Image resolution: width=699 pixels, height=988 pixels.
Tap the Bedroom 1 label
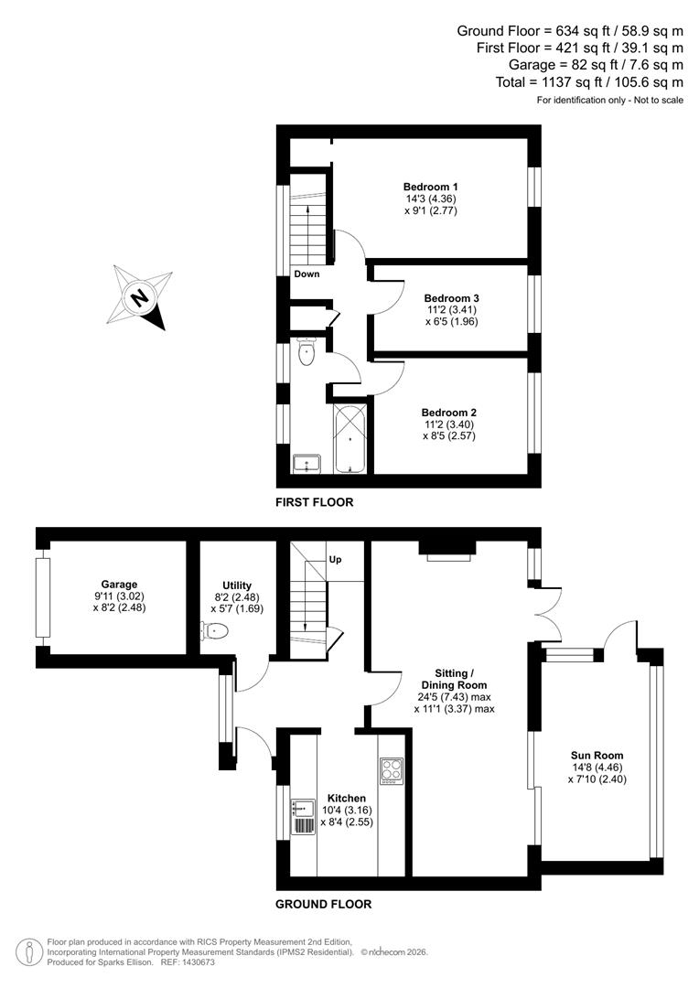(430, 188)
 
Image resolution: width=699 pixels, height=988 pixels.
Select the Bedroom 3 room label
(451, 298)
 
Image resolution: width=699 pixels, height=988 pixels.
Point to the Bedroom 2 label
(448, 413)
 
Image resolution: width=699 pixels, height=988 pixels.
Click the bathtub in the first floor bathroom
(349, 438)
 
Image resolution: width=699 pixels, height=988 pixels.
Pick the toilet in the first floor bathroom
(306, 351)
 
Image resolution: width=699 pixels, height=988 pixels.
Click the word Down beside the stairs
(307, 274)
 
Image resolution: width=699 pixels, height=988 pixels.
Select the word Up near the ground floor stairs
(335, 559)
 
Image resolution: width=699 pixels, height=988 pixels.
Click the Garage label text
(119, 584)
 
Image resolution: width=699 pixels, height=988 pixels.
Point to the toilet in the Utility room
(216, 630)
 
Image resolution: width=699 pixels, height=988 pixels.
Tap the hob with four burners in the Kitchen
(392, 770)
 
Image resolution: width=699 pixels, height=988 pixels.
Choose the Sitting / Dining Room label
(454, 678)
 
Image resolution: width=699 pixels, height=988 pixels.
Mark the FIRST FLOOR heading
(314, 502)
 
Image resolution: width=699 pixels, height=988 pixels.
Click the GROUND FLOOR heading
(324, 904)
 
